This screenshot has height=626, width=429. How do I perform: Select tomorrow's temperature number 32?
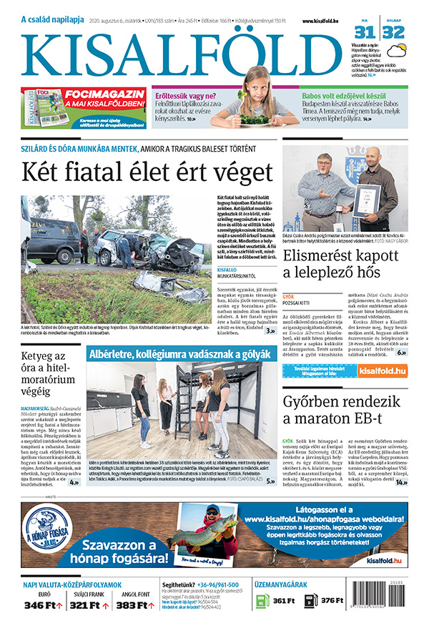[x=393, y=31]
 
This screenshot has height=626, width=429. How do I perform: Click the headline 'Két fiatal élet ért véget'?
[x=147, y=173]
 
